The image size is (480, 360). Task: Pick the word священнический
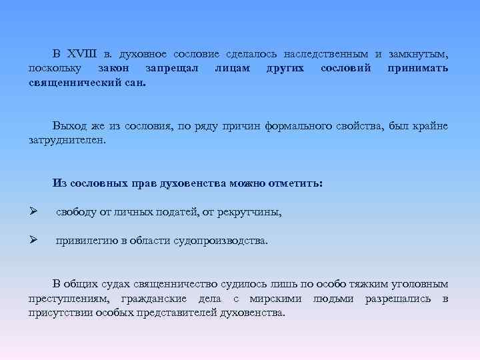(x=74, y=85)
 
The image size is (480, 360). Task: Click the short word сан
(x=136, y=85)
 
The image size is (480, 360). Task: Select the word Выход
(x=69, y=126)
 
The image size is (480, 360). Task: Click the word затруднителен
(x=67, y=141)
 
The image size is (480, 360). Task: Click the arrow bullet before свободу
(x=33, y=213)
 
